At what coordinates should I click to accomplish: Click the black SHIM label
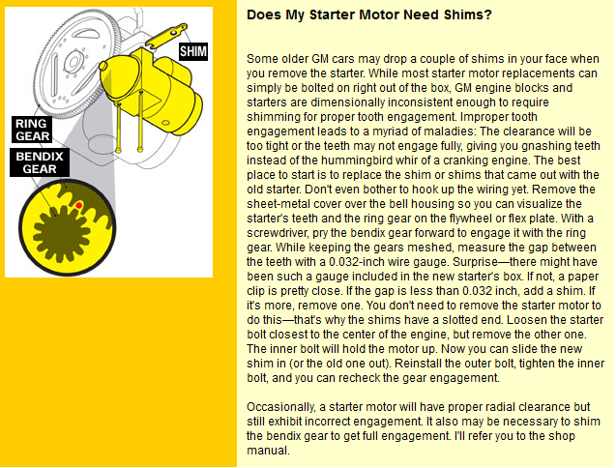click(x=193, y=51)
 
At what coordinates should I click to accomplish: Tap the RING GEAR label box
click(x=32, y=130)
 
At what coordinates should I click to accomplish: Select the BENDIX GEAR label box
click(x=40, y=162)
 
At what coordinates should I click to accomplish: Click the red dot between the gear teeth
click(x=79, y=205)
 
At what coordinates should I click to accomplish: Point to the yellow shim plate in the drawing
click(x=165, y=36)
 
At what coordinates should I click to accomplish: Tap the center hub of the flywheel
click(x=73, y=62)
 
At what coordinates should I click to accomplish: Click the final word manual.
click(x=268, y=451)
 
